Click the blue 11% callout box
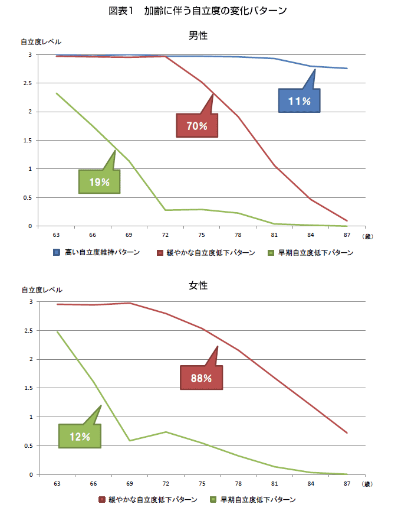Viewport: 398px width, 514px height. tap(300, 101)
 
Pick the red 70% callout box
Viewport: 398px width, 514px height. tap(197, 126)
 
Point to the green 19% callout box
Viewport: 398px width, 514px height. tap(99, 182)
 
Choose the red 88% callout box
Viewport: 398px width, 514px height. tap(202, 378)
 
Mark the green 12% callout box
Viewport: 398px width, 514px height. tap(80, 437)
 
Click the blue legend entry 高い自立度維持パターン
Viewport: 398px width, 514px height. tap(97, 253)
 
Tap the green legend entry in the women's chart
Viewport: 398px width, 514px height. tap(253, 500)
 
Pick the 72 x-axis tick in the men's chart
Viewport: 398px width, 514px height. tap(166, 235)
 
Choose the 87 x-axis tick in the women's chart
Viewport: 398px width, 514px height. tap(347, 484)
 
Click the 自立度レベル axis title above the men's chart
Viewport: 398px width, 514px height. tap(41, 42)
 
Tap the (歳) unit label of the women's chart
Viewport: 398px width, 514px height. tap(367, 484)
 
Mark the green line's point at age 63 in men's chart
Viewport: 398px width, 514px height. tap(57, 93)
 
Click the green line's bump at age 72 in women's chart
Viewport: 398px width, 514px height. tap(166, 432)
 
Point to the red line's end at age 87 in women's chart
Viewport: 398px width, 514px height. tap(347, 433)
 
